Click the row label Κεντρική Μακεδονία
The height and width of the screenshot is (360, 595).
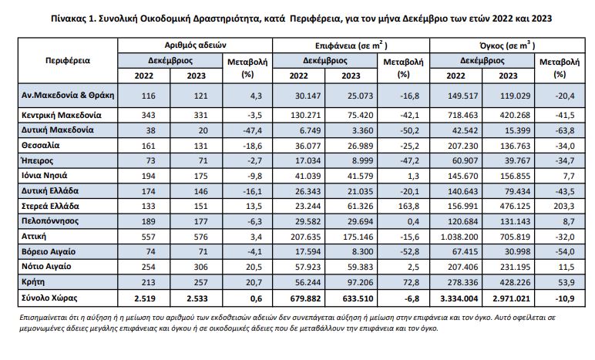click(x=61, y=115)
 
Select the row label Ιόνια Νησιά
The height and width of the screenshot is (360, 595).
click(x=45, y=176)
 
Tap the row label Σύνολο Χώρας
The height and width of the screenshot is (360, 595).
click(x=49, y=298)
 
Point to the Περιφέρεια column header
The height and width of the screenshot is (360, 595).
click(x=68, y=60)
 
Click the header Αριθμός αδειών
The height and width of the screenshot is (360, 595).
click(x=196, y=45)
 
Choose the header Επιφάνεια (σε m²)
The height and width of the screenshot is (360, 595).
click(x=351, y=45)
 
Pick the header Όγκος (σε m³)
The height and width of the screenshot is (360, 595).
click(x=507, y=45)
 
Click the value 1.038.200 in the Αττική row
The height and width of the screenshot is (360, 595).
click(x=459, y=237)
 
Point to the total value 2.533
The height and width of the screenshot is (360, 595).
click(x=197, y=298)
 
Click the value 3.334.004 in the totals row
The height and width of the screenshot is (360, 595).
click(x=459, y=298)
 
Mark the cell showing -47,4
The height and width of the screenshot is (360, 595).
click(x=252, y=131)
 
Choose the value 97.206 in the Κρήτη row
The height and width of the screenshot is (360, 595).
click(x=360, y=283)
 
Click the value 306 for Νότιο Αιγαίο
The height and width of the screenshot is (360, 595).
click(x=200, y=267)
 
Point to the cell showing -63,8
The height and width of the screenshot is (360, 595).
click(x=565, y=131)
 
